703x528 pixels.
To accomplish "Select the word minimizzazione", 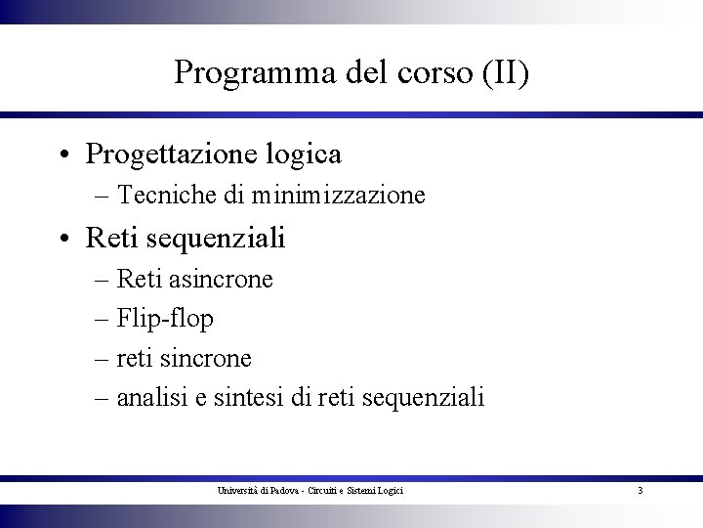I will click(337, 196).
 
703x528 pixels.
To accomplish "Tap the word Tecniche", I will click(166, 196).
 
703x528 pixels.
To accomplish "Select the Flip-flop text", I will click(165, 319).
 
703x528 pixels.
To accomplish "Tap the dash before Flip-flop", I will click(103, 320).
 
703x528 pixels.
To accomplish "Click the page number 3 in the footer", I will click(640, 489).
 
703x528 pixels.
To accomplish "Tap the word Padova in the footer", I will click(282, 489).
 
